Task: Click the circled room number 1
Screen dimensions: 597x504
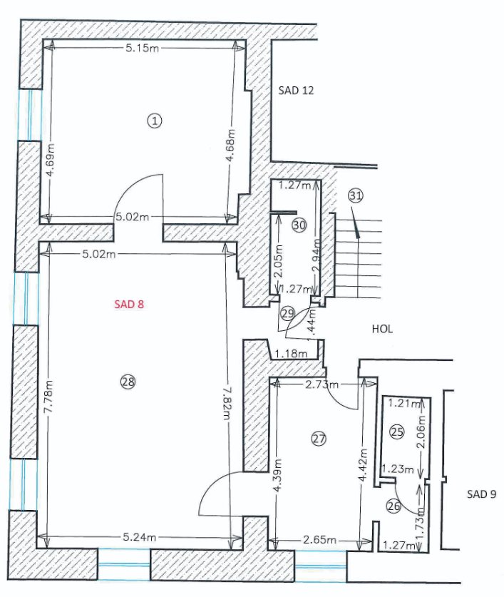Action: pyautogui.click(x=155, y=121)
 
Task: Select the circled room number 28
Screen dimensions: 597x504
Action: pyautogui.click(x=128, y=382)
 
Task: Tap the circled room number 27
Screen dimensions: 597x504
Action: pyautogui.click(x=319, y=439)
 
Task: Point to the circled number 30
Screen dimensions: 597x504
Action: pyautogui.click(x=299, y=225)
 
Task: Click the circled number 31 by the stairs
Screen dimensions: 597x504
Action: pyautogui.click(x=356, y=195)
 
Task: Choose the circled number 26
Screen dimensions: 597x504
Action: pyautogui.click(x=394, y=506)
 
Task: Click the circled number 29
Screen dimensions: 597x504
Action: pyautogui.click(x=288, y=312)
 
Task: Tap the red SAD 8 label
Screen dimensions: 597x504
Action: pyautogui.click(x=129, y=304)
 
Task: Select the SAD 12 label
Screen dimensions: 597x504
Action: pyautogui.click(x=296, y=91)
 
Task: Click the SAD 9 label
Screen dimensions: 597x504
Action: pyautogui.click(x=481, y=494)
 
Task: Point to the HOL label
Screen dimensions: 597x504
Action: pyautogui.click(x=383, y=329)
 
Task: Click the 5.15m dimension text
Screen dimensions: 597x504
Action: pyautogui.click(x=142, y=48)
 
